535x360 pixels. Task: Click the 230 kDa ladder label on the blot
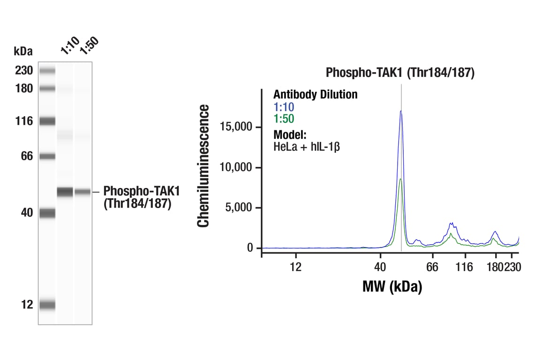(23, 71)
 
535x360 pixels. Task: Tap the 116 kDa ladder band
(47, 121)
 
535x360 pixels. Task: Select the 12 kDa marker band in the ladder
(47, 305)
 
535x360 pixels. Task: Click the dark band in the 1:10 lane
(65, 192)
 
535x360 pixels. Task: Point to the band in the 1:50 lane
(83, 192)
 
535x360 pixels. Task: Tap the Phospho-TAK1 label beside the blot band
(141, 191)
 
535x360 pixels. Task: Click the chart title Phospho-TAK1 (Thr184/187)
(400, 73)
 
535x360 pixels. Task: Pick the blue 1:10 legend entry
(284, 107)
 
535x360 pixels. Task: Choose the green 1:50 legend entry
(284, 119)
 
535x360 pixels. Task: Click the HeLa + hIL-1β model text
(306, 146)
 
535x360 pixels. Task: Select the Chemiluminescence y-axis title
(203, 166)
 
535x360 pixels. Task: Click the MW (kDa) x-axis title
(392, 286)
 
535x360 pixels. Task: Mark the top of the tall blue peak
(401, 111)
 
